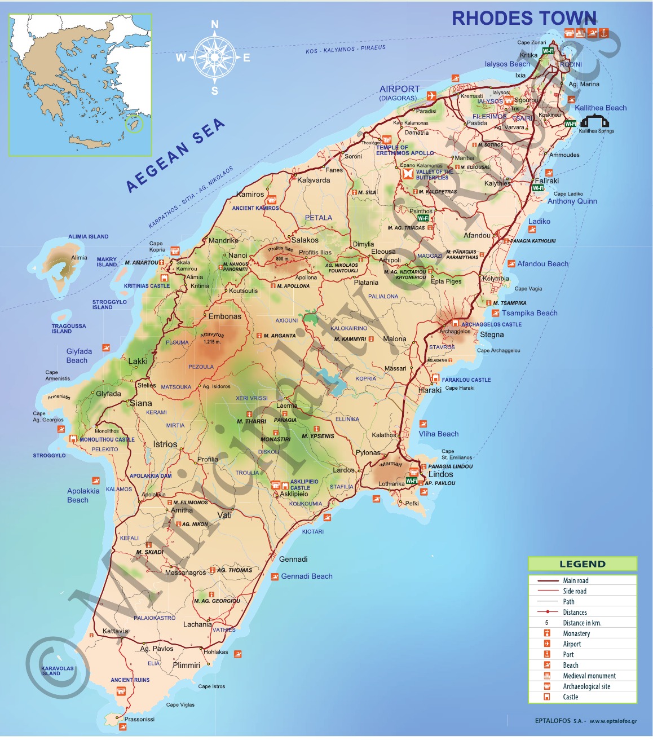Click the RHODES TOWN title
(524, 19)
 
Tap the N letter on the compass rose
(214, 24)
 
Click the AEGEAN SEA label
(175, 155)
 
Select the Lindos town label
(440, 475)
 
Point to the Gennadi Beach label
(307, 576)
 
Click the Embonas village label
(224, 316)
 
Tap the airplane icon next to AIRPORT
(431, 96)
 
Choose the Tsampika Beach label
(530, 313)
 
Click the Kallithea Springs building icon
(595, 122)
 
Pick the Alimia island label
(79, 258)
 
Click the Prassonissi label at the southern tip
(139, 719)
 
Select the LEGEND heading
(583, 564)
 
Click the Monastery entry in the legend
(576, 633)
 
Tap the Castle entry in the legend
(570, 697)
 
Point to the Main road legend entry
(575, 580)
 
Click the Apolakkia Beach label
(83, 495)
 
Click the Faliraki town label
(546, 181)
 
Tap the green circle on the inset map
(135, 124)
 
